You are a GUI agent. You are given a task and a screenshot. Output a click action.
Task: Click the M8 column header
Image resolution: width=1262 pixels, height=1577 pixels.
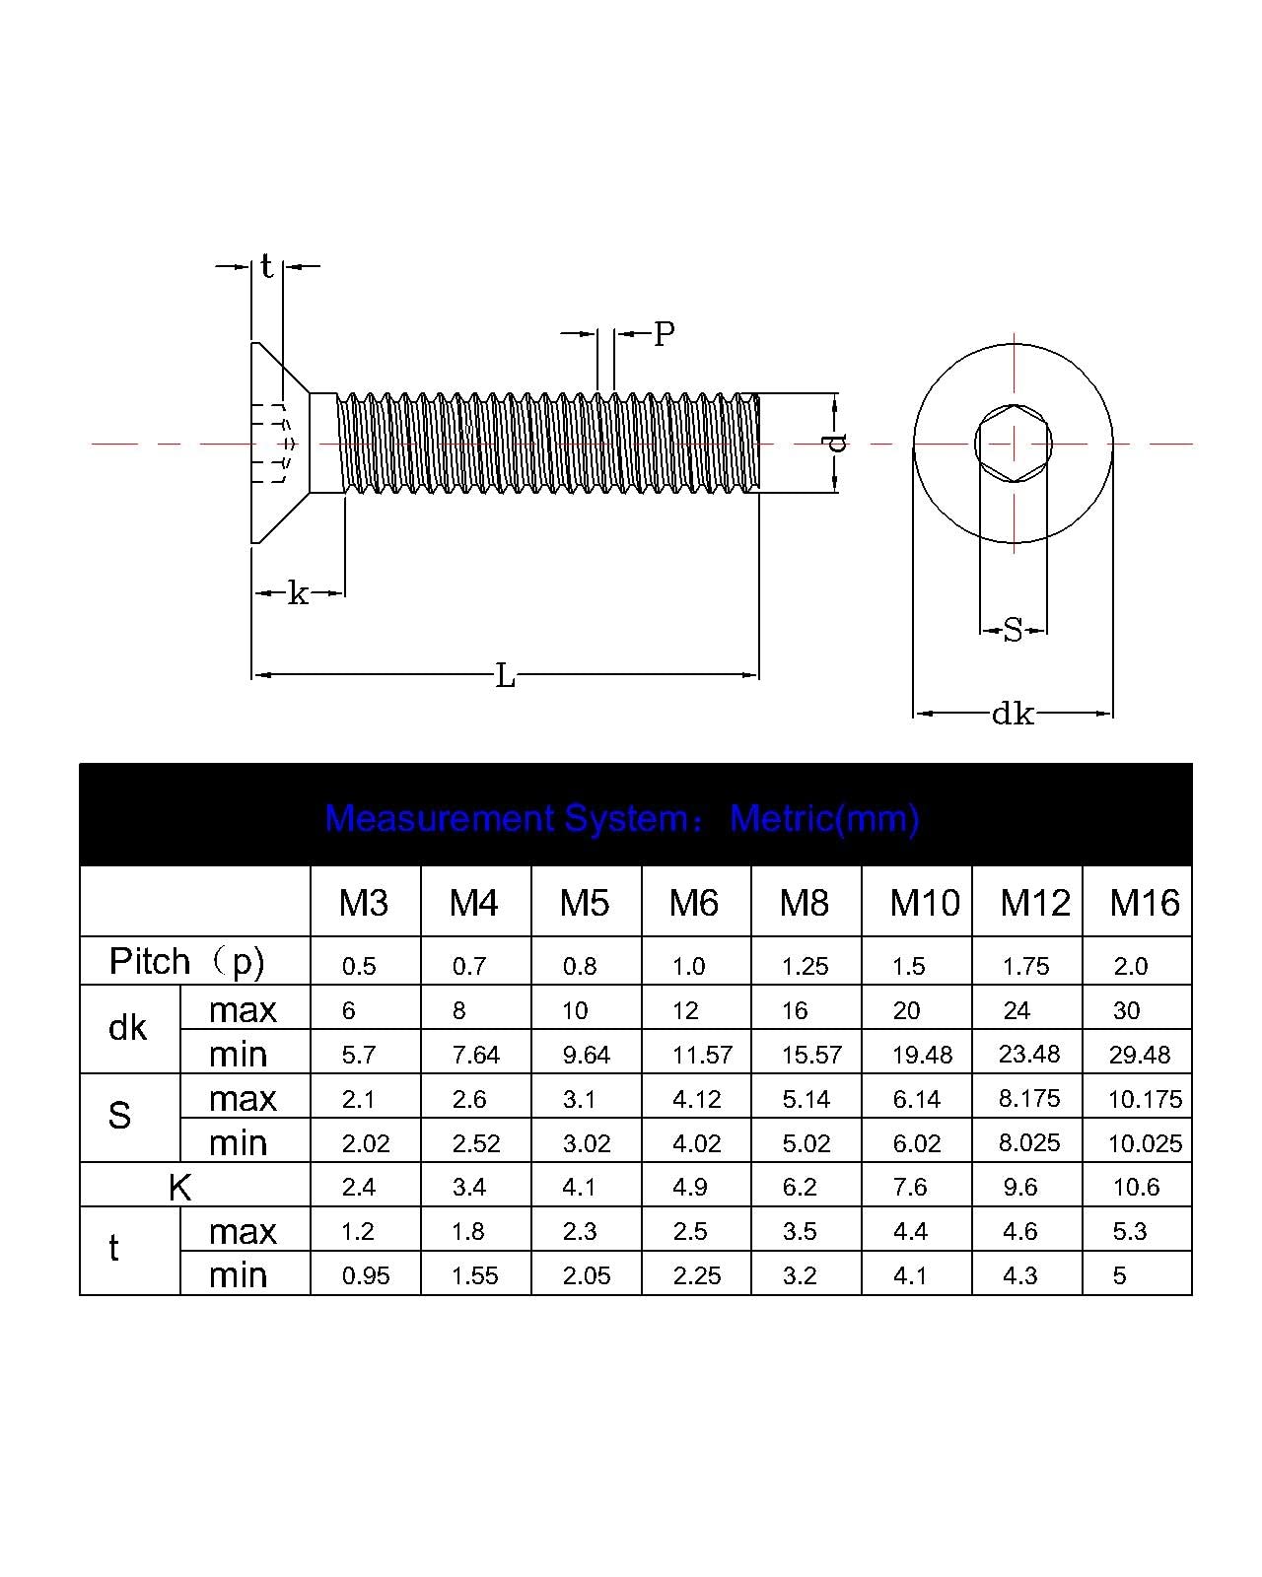point(804,902)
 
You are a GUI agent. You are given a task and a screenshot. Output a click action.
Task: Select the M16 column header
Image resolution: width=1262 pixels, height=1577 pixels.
point(1144,902)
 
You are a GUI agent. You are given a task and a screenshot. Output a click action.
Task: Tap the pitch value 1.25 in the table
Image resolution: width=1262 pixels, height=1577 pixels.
point(805,966)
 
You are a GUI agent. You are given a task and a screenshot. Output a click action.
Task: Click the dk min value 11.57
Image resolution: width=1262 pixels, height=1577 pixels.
point(702,1055)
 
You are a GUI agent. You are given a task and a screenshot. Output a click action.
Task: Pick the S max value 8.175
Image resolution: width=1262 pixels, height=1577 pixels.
point(1028,1098)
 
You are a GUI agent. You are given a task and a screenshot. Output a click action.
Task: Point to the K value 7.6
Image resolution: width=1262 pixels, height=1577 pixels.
point(909,1187)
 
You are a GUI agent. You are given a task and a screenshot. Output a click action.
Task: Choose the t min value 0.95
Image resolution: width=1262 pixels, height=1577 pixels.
point(365,1275)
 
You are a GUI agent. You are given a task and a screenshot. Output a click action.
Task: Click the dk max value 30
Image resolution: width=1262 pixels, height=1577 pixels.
point(1126,1010)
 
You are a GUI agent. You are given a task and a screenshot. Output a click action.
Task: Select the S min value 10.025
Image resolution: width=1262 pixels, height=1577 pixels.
point(1145,1143)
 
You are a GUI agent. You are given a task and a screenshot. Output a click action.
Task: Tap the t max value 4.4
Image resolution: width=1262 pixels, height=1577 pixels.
point(910,1231)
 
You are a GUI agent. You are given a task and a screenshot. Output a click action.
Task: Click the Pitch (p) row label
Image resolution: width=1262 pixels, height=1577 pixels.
point(186,961)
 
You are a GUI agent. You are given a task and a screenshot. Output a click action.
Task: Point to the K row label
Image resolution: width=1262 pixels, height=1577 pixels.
point(179,1187)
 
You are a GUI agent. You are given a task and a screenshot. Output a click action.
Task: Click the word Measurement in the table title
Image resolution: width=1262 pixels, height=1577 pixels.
point(440,818)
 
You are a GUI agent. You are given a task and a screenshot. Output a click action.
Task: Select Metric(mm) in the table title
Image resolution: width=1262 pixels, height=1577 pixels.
point(824,818)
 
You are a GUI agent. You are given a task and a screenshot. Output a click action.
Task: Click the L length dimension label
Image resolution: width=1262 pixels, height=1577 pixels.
point(505,675)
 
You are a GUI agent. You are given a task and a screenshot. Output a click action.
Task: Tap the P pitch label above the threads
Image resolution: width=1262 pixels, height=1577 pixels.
point(664,334)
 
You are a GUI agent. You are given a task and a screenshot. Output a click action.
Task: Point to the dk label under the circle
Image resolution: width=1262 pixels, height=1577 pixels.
point(1013,713)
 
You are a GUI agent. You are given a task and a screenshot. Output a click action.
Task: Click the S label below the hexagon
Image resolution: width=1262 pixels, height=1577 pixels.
point(1013,630)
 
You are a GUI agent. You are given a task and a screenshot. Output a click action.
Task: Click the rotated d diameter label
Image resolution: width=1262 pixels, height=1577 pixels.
point(834,443)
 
